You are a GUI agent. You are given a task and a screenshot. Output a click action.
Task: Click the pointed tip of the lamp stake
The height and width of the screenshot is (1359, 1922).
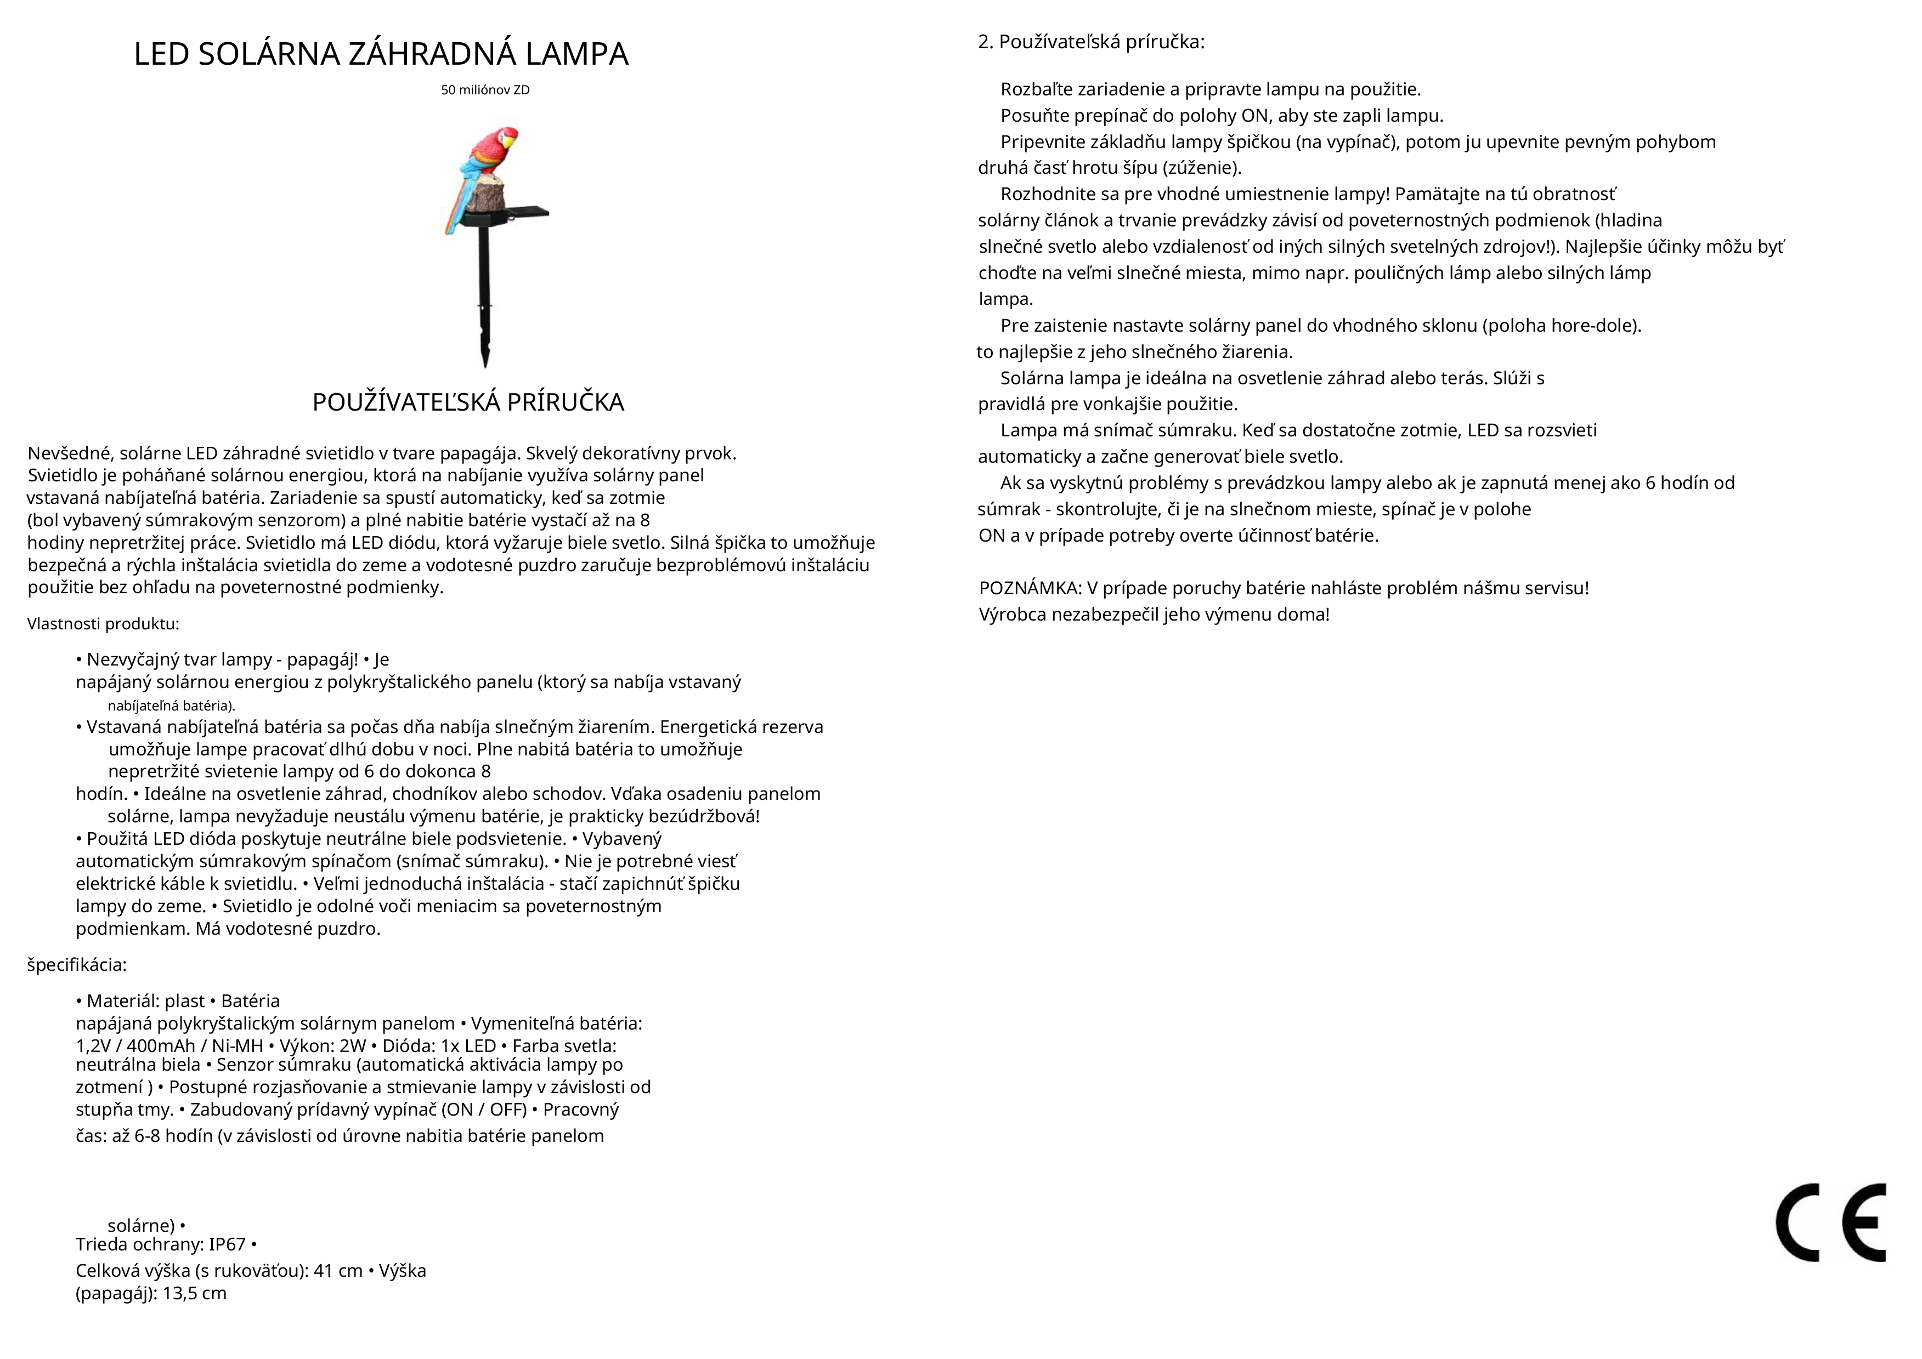(485, 361)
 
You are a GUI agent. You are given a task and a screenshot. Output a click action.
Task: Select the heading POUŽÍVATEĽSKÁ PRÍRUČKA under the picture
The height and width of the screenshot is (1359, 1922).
(468, 402)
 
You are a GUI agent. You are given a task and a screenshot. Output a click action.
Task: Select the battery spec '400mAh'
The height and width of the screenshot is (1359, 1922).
(161, 1046)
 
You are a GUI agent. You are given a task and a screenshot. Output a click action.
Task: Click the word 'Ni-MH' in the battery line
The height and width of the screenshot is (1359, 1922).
(235, 1046)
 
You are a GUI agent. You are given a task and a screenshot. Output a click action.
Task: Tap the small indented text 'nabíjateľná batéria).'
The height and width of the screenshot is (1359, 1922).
(172, 706)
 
